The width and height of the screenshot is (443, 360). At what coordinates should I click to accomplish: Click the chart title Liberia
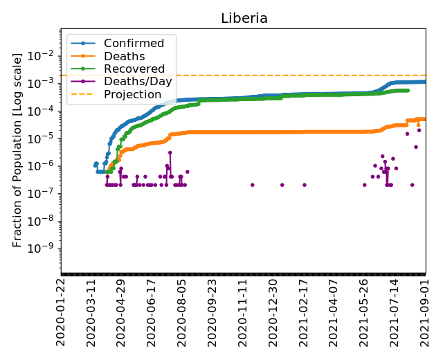244,18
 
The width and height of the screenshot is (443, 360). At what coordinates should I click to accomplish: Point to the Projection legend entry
132,94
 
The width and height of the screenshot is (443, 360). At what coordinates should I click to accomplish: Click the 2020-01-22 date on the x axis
61,311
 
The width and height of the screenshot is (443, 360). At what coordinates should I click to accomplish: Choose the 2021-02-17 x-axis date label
303,311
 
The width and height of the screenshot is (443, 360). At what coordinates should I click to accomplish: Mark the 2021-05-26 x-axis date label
364,311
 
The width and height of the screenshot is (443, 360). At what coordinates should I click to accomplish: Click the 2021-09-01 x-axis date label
425,311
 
